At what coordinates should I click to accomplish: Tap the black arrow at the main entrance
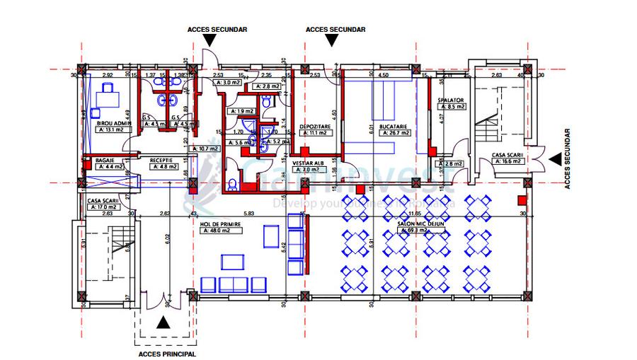tap(163, 323)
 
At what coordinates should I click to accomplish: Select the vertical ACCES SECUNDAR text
tap(567, 159)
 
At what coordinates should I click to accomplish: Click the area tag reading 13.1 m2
tap(110, 130)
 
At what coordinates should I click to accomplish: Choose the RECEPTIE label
tap(162, 161)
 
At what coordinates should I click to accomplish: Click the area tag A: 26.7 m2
tap(394, 132)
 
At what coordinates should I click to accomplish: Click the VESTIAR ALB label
tap(308, 163)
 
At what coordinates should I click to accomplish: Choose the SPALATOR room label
tap(450, 100)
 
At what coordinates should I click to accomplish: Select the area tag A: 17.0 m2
tap(102, 207)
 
